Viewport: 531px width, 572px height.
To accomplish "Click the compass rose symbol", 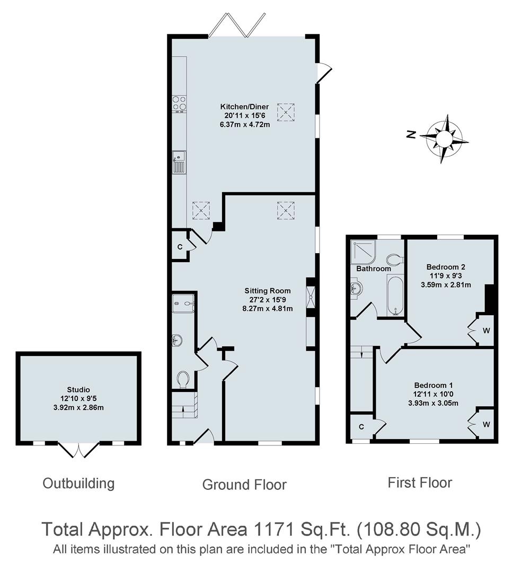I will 444,138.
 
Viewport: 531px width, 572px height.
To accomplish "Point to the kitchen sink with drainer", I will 179,163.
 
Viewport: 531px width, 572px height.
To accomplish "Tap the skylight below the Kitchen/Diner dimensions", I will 287,112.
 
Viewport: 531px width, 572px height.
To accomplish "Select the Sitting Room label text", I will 268,290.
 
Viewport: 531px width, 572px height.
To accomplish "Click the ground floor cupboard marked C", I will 180,247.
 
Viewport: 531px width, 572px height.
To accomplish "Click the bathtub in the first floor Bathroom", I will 395,294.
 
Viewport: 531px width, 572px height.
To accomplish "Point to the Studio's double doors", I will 78,450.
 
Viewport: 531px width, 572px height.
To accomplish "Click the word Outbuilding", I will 78,483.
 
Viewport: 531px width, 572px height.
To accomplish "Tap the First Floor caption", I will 420,482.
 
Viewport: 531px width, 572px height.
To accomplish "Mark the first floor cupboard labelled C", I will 361,427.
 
